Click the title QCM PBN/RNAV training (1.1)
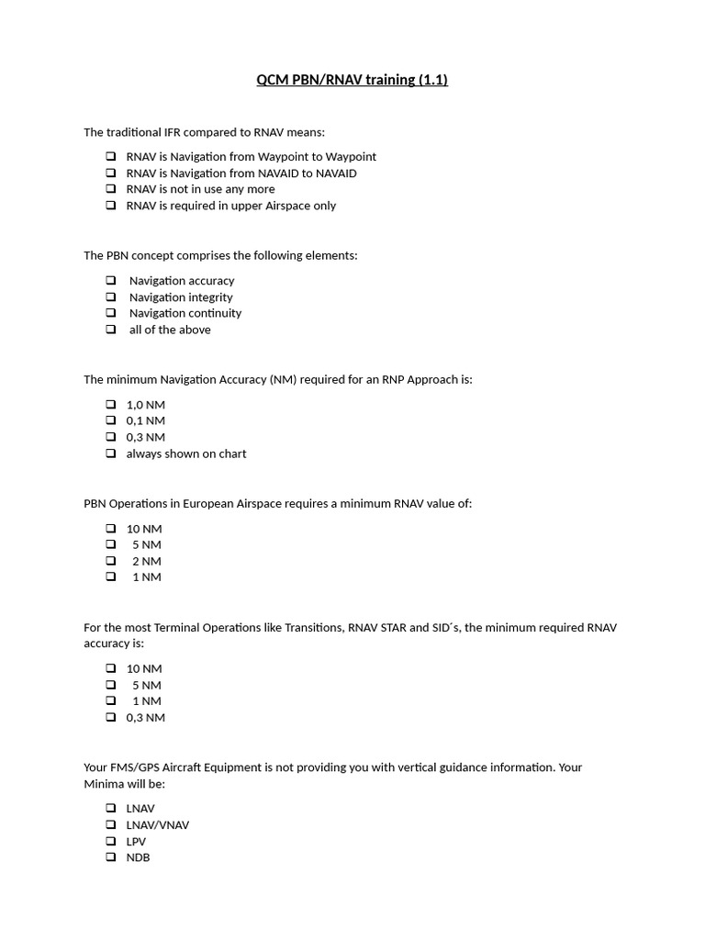tap(352, 80)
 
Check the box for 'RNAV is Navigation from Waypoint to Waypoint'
tap(110, 157)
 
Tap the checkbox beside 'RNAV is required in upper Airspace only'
tap(110, 206)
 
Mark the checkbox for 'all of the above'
tap(110, 330)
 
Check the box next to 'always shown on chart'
tap(110, 453)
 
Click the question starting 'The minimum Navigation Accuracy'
tap(277, 379)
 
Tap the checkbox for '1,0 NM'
tap(110, 405)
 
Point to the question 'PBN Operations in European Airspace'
tap(277, 503)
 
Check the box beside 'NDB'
tap(110, 857)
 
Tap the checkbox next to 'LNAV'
tap(110, 809)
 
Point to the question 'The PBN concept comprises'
tap(220, 255)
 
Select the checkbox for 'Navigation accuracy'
tap(110, 281)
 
